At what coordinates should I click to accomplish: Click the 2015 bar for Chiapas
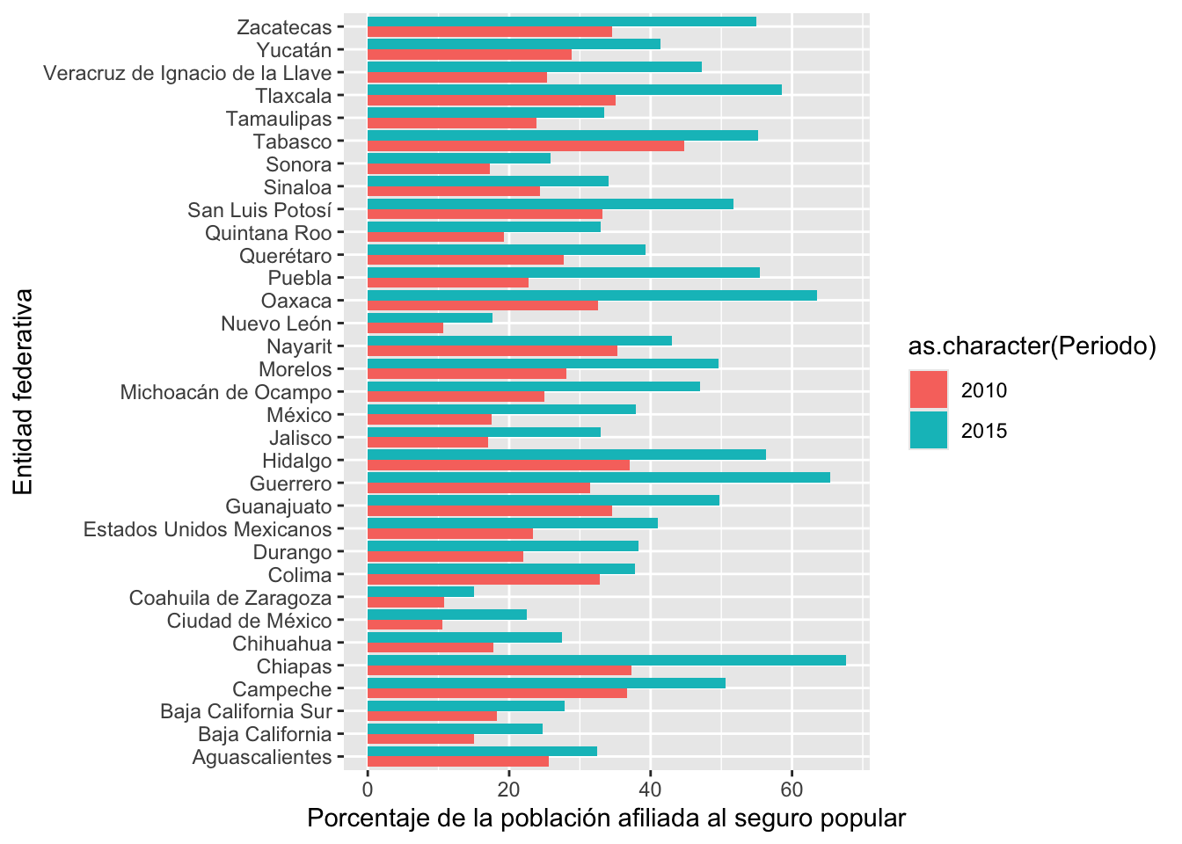[x=606, y=660]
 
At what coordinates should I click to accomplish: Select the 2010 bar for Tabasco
[x=526, y=146]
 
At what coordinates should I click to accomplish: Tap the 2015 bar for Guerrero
[x=598, y=477]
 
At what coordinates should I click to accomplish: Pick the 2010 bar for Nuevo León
[x=405, y=328]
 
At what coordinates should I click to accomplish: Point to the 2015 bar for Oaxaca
[x=592, y=295]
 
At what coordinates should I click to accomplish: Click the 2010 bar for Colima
[x=484, y=579]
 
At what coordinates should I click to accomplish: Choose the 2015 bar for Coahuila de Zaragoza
[x=420, y=592]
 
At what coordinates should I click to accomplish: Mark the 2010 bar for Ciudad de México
[x=405, y=625]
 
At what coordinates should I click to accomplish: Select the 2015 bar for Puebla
[x=564, y=273]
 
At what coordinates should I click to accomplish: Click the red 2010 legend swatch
[x=929, y=389]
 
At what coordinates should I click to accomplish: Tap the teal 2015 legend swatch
[x=929, y=430]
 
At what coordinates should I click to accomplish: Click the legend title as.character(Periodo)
[x=1032, y=346]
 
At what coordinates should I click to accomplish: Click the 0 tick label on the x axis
[x=368, y=789]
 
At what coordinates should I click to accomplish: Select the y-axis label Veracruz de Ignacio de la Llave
[x=187, y=73]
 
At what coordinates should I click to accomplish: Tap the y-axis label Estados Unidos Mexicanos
[x=208, y=529]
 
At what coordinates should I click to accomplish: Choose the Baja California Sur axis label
[x=246, y=711]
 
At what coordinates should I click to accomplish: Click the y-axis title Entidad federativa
[x=23, y=392]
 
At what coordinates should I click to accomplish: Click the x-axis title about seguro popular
[x=606, y=819]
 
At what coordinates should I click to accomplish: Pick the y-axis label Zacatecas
[x=284, y=27]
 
